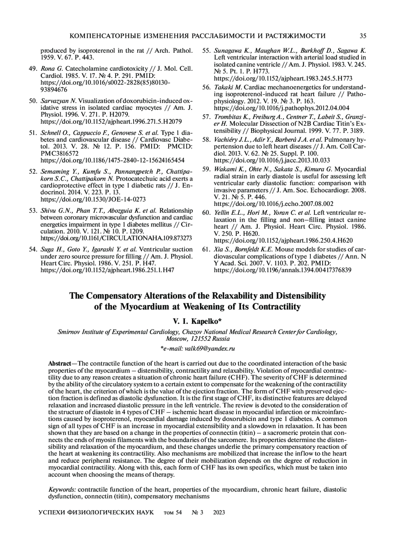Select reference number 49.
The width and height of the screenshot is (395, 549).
click(33, 69)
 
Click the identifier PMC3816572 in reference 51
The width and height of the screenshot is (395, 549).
click(58, 153)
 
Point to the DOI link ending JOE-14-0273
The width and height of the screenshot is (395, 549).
click(93, 199)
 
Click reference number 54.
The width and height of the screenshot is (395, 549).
click(33, 249)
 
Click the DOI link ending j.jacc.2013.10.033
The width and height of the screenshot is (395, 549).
click(272, 160)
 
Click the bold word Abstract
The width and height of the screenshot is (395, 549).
click(60, 363)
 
